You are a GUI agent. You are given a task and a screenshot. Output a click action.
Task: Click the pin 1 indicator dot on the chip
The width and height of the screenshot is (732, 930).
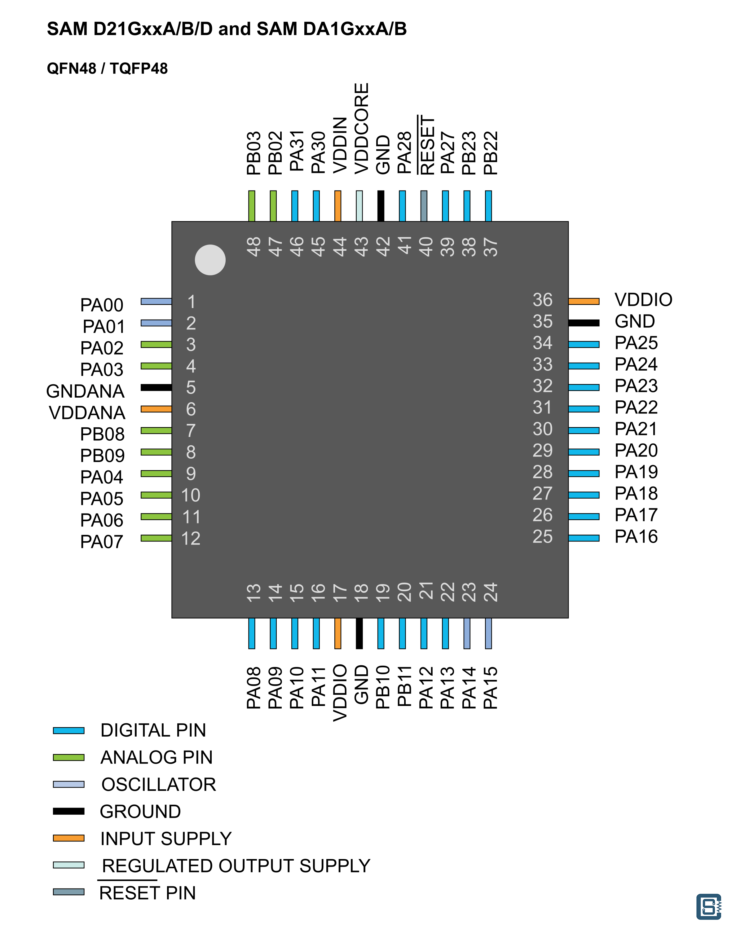tap(210, 260)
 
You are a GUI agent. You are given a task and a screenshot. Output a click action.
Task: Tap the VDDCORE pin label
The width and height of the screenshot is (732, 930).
tap(361, 129)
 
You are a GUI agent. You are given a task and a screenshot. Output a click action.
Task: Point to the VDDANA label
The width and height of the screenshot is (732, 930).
tap(87, 413)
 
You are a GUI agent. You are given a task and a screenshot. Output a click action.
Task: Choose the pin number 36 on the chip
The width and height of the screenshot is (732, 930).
tap(542, 300)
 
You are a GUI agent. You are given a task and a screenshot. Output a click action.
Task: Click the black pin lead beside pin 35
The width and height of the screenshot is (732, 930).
tap(584, 323)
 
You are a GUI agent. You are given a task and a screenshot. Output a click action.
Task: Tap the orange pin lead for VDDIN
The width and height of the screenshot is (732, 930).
tap(338, 206)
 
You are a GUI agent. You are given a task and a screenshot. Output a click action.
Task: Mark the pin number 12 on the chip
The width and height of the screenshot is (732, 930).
tap(191, 539)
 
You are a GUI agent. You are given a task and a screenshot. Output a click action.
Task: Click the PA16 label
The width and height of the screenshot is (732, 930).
tap(636, 536)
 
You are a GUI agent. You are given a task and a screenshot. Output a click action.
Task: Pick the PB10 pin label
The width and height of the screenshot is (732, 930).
tap(383, 687)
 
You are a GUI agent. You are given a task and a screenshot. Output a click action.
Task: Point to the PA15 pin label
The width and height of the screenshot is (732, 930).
tap(490, 687)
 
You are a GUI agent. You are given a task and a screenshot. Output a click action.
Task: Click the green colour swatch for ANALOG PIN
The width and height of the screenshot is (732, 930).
tap(68, 757)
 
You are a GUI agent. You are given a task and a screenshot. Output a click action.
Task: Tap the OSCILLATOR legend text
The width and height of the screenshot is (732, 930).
tap(159, 784)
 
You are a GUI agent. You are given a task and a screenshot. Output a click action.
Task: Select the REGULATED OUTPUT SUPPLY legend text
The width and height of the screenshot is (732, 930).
tap(236, 866)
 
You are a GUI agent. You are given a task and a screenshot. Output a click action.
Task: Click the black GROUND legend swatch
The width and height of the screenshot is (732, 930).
tap(68, 811)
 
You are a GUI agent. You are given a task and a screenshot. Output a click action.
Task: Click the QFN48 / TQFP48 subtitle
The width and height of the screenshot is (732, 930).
tap(107, 68)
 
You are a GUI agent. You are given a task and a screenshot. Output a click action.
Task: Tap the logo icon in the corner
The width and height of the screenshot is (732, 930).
tap(709, 906)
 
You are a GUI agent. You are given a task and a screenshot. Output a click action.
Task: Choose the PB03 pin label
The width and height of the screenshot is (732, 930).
tap(254, 153)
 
